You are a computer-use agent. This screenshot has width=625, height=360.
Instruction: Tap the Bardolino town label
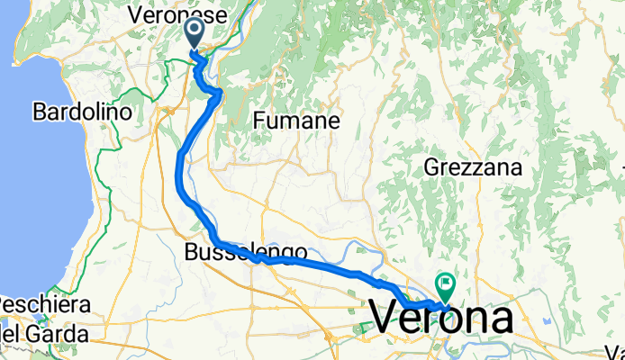(82, 112)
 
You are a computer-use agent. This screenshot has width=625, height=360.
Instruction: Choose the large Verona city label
(441, 319)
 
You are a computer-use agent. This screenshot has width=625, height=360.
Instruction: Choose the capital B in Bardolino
(39, 112)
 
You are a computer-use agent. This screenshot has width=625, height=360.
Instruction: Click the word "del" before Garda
(14, 336)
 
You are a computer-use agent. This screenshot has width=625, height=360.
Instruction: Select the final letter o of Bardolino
(126, 113)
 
